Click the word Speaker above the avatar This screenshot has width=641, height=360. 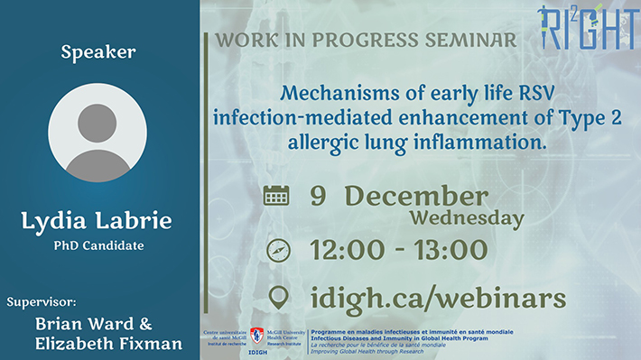pos(98,52)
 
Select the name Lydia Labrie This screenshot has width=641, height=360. pos(98,221)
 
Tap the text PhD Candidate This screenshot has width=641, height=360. pos(98,245)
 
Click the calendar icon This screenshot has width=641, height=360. pos(276,196)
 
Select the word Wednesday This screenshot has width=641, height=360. pos(467,217)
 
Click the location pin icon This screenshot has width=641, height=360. pos(277,297)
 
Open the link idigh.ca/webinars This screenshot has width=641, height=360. pos(438,297)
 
